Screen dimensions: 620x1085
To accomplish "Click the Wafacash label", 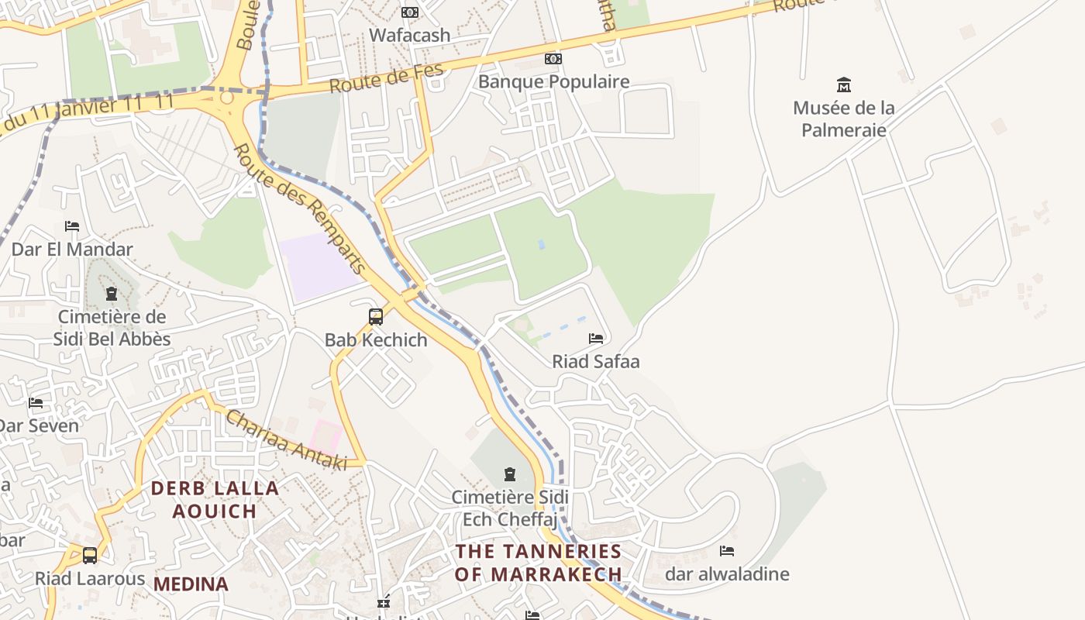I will [x=409, y=35].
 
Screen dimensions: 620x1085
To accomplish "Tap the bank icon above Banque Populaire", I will [x=553, y=59].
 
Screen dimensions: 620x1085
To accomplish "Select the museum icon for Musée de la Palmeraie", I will [x=844, y=84].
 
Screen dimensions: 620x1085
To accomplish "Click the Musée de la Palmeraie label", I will [x=843, y=119].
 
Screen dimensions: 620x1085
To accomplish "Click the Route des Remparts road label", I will [x=299, y=208].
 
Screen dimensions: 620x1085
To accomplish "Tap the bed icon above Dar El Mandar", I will [x=72, y=226].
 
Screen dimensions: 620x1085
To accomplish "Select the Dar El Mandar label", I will [x=72, y=249].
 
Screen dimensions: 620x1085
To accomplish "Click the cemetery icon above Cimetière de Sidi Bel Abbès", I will [x=112, y=294].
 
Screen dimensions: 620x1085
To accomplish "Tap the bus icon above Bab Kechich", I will [x=376, y=316].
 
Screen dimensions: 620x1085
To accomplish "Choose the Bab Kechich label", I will [x=376, y=339].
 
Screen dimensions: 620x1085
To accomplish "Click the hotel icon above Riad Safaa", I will [x=595, y=339].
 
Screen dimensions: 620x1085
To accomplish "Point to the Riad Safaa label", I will [x=595, y=361].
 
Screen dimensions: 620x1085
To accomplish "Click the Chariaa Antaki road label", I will [x=286, y=439].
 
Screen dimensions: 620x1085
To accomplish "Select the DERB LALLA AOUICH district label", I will [x=215, y=499].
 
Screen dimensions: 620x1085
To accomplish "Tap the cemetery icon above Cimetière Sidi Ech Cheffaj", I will [x=510, y=474].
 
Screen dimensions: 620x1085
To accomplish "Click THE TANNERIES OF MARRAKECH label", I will [x=539, y=563].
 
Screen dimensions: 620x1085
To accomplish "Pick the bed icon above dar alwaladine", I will [x=727, y=551].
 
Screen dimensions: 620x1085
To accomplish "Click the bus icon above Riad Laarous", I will [x=90, y=556].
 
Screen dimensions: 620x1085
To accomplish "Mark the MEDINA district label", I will [x=191, y=584].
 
